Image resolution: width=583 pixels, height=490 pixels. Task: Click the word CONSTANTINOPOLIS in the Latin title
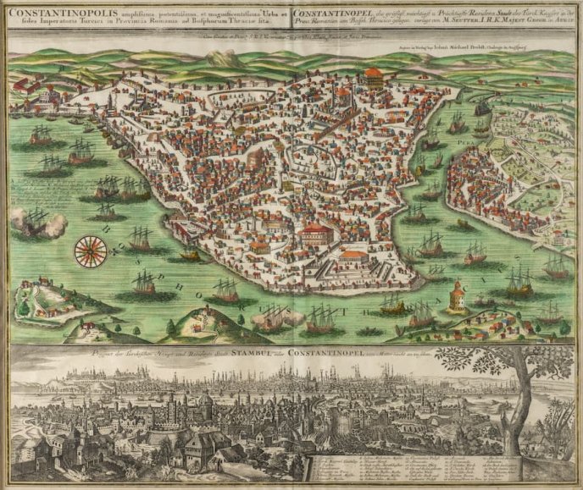tap(53, 14)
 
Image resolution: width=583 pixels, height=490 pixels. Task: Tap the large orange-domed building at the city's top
tap(373, 77)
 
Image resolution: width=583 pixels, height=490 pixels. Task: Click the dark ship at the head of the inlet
tap(483, 106)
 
